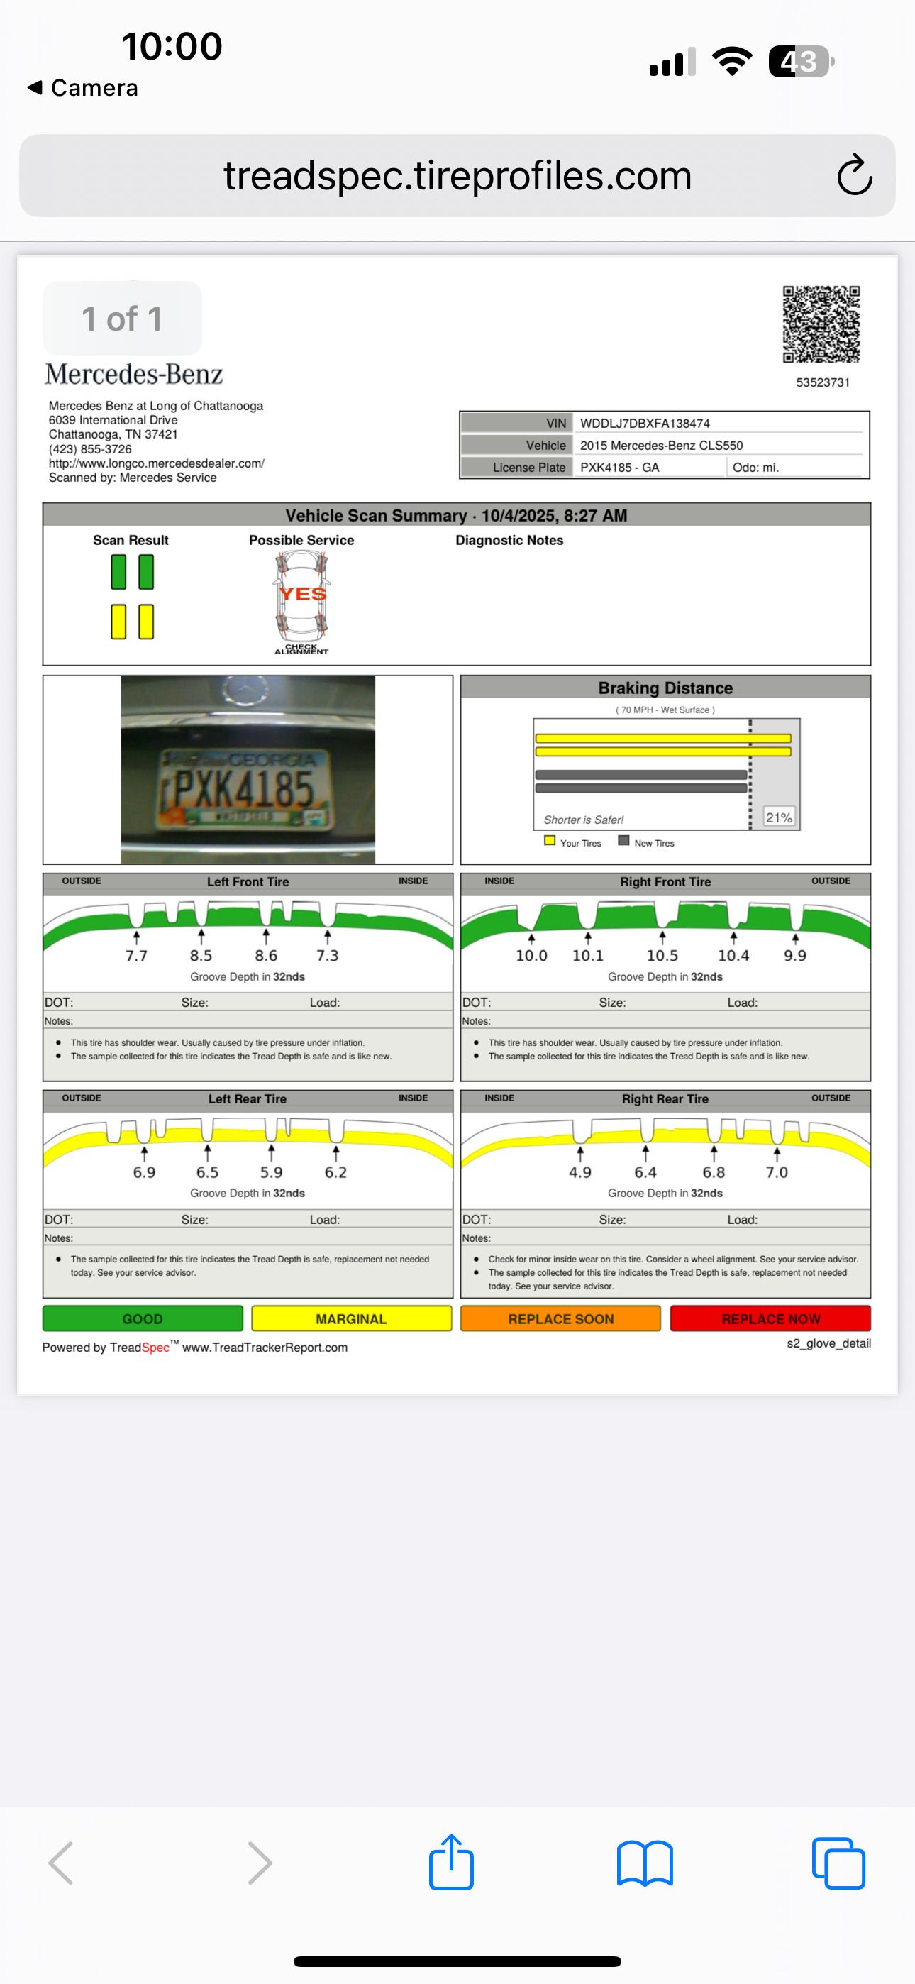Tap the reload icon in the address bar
854,175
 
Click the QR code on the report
821,324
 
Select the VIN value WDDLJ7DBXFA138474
645,424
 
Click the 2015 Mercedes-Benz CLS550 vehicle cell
661,445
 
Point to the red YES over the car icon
303,594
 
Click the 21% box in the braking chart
779,817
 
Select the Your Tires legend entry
573,842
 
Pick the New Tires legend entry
647,842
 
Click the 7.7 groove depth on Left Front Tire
136,956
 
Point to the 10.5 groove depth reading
662,956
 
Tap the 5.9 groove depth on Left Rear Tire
271,1172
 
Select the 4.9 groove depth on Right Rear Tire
580,1172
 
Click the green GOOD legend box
143,1318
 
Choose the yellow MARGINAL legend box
351,1318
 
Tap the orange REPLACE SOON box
561,1318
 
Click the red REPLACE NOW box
770,1318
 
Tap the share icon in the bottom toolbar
451,1863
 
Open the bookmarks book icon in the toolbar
645,1864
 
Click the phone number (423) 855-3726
90,449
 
